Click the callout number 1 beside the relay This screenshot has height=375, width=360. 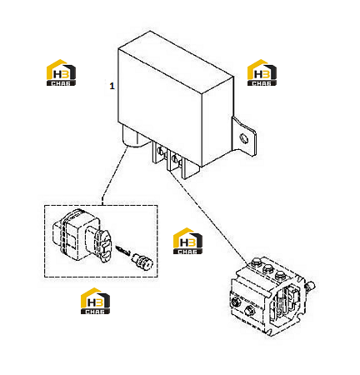click(x=112, y=86)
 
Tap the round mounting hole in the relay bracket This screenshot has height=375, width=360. click(x=244, y=138)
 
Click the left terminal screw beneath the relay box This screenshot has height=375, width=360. click(x=160, y=151)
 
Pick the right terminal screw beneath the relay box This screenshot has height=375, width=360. click(x=175, y=159)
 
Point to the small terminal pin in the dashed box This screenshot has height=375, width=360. click(x=123, y=250)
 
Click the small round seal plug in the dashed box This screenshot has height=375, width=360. click(x=142, y=261)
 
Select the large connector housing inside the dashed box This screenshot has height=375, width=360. click(x=81, y=236)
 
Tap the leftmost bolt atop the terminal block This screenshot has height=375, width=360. click(x=255, y=262)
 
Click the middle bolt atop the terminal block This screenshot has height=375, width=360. click(x=267, y=268)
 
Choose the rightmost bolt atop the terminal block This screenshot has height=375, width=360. click(x=280, y=275)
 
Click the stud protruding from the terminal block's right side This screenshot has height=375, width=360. click(x=310, y=286)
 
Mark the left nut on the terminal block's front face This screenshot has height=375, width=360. click(x=237, y=302)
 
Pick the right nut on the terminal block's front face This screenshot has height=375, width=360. click(x=250, y=309)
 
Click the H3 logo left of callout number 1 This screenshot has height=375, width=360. click(x=61, y=72)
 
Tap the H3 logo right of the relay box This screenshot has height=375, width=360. click(x=262, y=72)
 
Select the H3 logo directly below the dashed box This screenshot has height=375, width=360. click(x=95, y=301)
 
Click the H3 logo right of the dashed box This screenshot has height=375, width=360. click(x=187, y=241)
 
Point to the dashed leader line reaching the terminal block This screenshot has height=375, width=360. click(x=209, y=217)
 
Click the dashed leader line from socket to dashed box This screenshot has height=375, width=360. click(x=114, y=176)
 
